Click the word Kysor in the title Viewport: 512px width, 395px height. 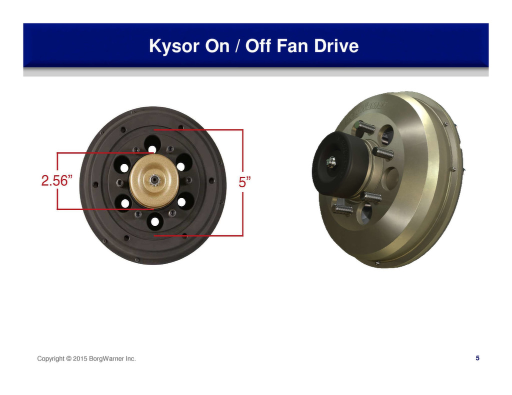(x=173, y=45)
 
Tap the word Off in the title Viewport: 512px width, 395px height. (x=258, y=45)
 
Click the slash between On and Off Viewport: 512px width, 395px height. (x=237, y=45)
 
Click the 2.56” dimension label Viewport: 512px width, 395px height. (x=56, y=181)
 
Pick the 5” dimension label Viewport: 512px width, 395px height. (x=244, y=182)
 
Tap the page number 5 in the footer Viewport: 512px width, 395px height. (x=477, y=358)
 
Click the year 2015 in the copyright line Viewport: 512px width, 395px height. (x=80, y=359)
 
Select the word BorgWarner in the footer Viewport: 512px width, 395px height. (x=106, y=359)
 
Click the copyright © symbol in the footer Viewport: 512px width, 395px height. (x=68, y=359)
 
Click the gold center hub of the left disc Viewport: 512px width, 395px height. (x=154, y=181)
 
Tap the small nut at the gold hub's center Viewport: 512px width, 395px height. (x=154, y=180)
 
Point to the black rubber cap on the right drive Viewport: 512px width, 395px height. (x=340, y=164)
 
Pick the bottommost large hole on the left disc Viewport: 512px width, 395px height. (x=155, y=221)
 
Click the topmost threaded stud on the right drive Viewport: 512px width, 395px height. (x=366, y=126)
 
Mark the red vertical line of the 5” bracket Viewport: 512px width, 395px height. (x=243, y=183)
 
